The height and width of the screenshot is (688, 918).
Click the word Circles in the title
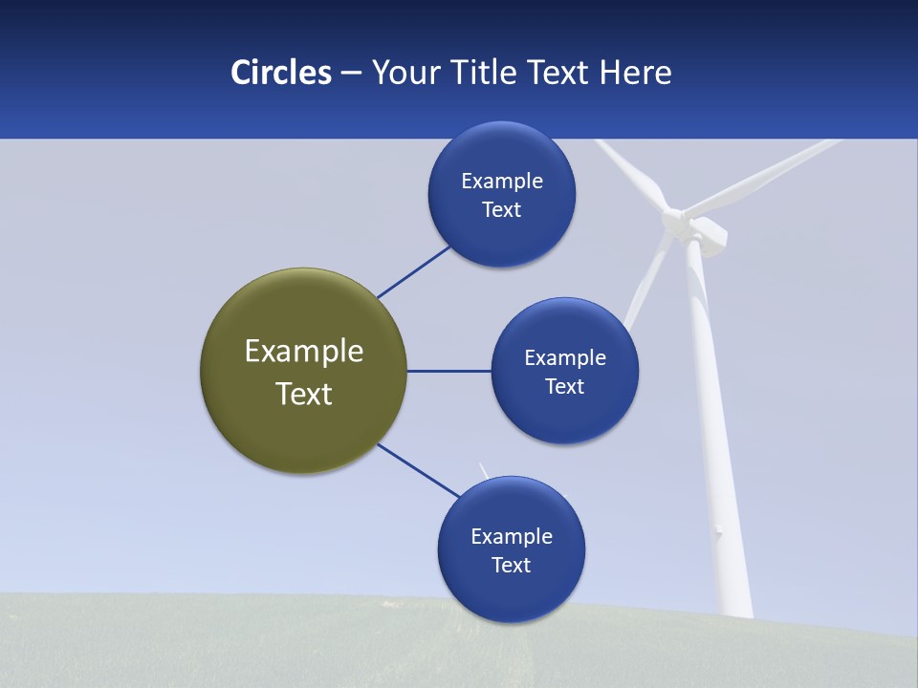tap(281, 73)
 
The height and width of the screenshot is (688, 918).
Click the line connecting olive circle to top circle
tap(413, 272)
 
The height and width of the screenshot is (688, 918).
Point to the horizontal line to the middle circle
tap(448, 371)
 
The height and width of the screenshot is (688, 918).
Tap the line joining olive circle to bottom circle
tap(417, 470)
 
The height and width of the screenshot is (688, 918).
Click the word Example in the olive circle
tap(304, 352)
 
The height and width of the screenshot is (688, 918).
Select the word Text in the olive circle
tap(304, 394)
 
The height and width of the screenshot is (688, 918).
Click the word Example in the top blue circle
tap(502, 182)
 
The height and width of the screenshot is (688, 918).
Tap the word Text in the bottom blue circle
tap(511, 566)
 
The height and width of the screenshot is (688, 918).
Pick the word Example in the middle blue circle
tap(565, 358)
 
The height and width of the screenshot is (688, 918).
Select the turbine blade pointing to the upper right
tap(765, 177)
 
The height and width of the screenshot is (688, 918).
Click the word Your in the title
tap(403, 73)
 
